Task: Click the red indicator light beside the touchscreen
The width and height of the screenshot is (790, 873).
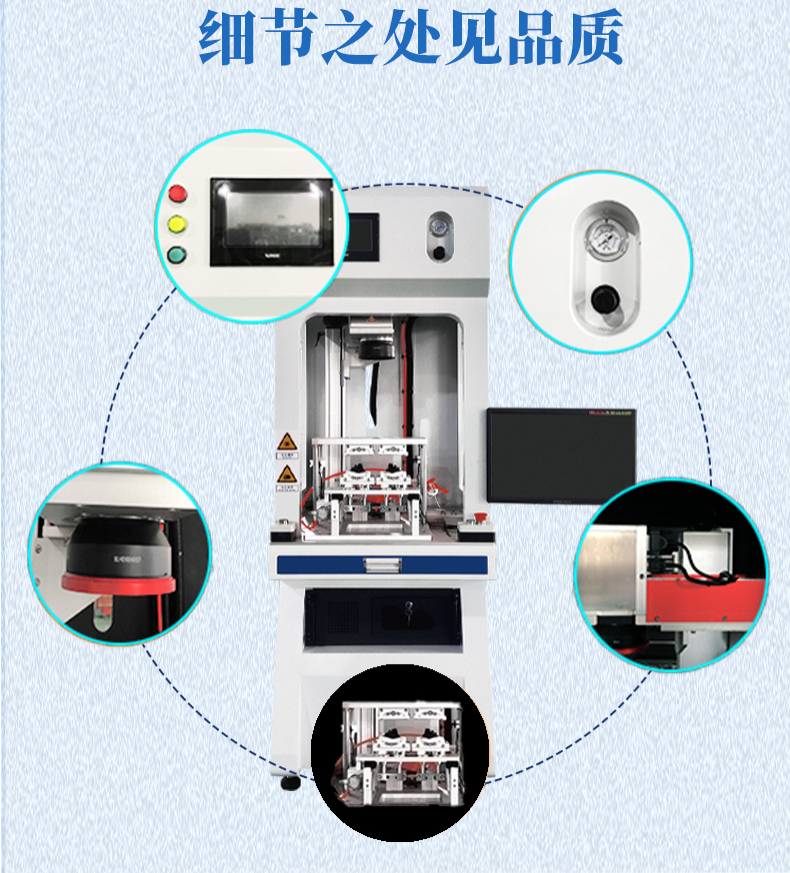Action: (180, 193)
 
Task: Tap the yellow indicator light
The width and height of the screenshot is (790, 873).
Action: (180, 223)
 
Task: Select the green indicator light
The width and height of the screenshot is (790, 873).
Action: (180, 254)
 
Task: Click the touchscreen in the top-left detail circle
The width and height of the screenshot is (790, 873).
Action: (271, 222)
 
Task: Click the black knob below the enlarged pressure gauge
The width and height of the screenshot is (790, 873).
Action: (604, 299)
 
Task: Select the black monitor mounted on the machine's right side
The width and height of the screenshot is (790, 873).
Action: (561, 455)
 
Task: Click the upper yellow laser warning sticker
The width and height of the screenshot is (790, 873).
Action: (285, 443)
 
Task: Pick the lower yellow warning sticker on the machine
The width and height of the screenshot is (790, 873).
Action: (286, 473)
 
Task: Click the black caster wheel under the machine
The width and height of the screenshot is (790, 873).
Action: (291, 782)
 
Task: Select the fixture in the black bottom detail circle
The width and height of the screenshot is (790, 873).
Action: (399, 754)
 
